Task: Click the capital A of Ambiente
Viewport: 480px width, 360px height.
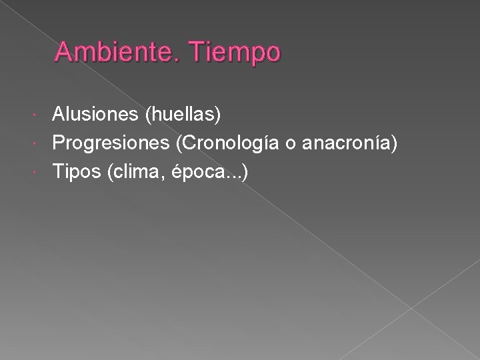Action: coord(63,52)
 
